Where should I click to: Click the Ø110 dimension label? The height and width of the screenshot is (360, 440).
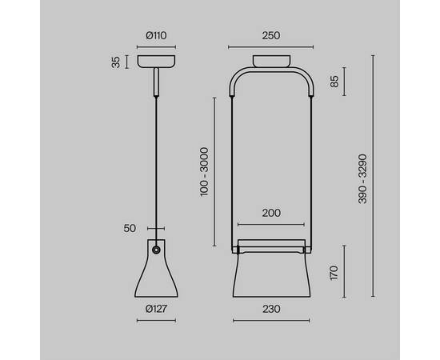[x=156, y=36]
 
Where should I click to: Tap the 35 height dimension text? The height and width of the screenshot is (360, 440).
[x=116, y=62]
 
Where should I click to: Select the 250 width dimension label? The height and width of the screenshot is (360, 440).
[x=271, y=36]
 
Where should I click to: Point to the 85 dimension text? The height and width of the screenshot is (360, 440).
[x=334, y=82]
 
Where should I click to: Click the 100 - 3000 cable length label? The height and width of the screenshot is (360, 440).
[x=204, y=172]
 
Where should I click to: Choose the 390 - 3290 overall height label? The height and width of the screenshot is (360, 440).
[x=362, y=178]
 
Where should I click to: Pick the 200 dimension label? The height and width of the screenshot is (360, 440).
[x=271, y=213]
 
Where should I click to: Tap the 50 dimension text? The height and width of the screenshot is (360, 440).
[x=130, y=229]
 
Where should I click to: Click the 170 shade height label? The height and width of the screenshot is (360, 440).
[x=334, y=273]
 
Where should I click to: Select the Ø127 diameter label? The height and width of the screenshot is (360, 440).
[x=156, y=309]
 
